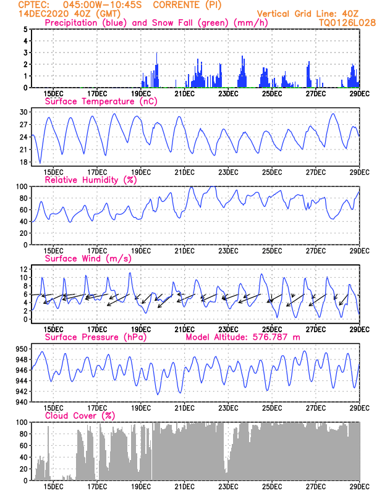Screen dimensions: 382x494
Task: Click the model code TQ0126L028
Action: point(347,23)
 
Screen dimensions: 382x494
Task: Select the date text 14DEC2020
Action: point(43,14)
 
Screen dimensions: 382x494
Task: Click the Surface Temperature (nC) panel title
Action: point(101,101)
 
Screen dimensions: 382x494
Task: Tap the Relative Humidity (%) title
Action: point(91,180)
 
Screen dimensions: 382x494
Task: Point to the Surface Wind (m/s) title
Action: point(88,259)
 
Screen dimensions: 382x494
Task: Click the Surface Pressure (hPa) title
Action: point(96,337)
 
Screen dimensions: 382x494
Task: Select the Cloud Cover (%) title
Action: point(80,416)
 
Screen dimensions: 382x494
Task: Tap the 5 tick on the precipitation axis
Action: point(25,29)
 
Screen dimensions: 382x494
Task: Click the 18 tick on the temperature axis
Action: point(23,162)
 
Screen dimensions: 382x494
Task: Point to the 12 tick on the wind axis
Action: point(23,269)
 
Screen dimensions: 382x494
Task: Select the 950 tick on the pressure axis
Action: point(22,349)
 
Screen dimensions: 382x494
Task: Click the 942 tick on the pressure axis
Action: point(22,391)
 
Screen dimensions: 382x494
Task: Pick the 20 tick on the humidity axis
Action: point(23,233)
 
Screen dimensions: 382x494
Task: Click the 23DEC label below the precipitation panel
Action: point(228,94)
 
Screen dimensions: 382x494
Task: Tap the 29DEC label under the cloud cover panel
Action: point(360,487)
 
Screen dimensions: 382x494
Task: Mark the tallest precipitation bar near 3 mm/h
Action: point(157,70)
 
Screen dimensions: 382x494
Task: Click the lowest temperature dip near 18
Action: point(40,162)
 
